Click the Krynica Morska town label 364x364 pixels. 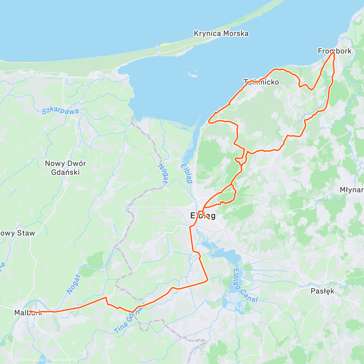(221, 33)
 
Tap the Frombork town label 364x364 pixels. (334, 51)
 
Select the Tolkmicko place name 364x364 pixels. (261, 82)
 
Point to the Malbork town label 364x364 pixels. (28, 313)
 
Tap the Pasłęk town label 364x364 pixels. (322, 291)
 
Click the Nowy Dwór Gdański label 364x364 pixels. (65, 168)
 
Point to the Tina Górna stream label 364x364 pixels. (129, 320)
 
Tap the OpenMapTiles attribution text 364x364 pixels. (32, 360)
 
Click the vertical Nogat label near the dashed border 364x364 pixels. (163, 174)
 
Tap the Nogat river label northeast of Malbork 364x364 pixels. (73, 284)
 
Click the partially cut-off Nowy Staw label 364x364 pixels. (18, 233)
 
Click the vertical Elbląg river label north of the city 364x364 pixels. (186, 173)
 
